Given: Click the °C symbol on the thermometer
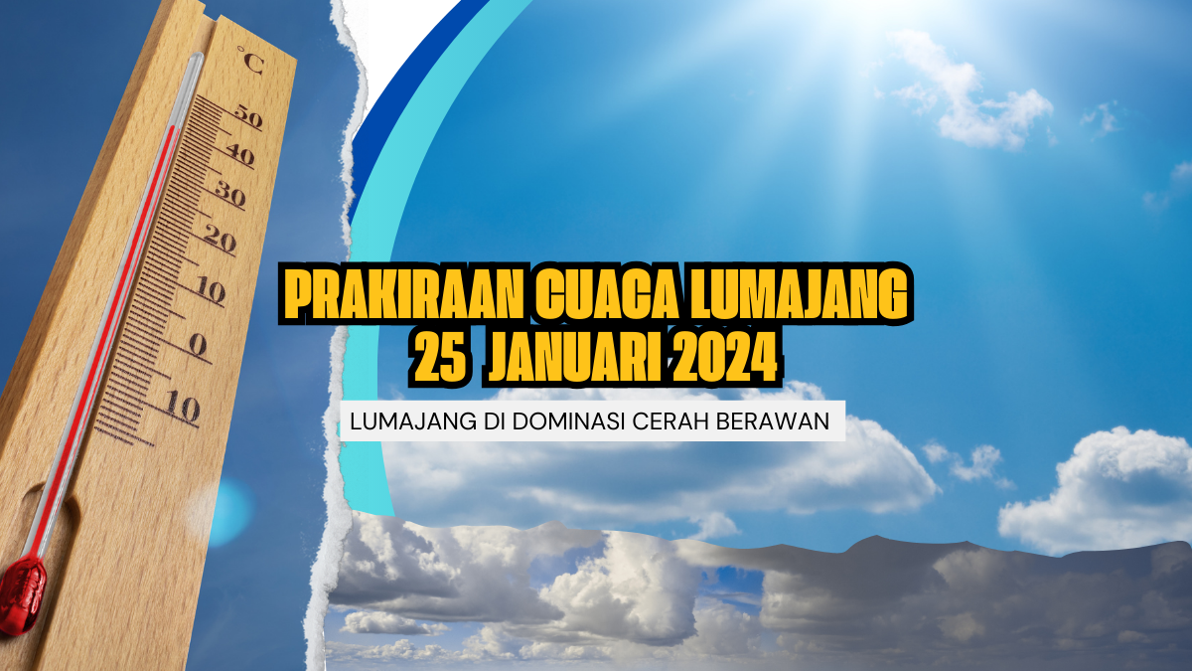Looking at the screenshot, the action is coord(250,60).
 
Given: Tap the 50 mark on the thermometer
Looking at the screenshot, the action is coord(248,116).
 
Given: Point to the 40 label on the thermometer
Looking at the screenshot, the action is coord(239,155).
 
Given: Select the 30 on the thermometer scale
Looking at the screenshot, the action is coord(229,194).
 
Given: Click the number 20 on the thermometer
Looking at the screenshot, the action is coord(220,240).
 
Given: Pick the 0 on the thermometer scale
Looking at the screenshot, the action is coord(198,345).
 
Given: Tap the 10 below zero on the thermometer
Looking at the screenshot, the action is coord(182,407).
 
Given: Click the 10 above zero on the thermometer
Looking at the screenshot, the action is coord(210,291).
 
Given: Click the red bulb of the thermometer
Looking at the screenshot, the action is coord(21,594).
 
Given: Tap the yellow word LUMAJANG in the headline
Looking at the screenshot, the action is coord(799,294).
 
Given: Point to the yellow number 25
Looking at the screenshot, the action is coord(440,357).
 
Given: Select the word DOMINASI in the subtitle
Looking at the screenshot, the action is coord(569,421).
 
